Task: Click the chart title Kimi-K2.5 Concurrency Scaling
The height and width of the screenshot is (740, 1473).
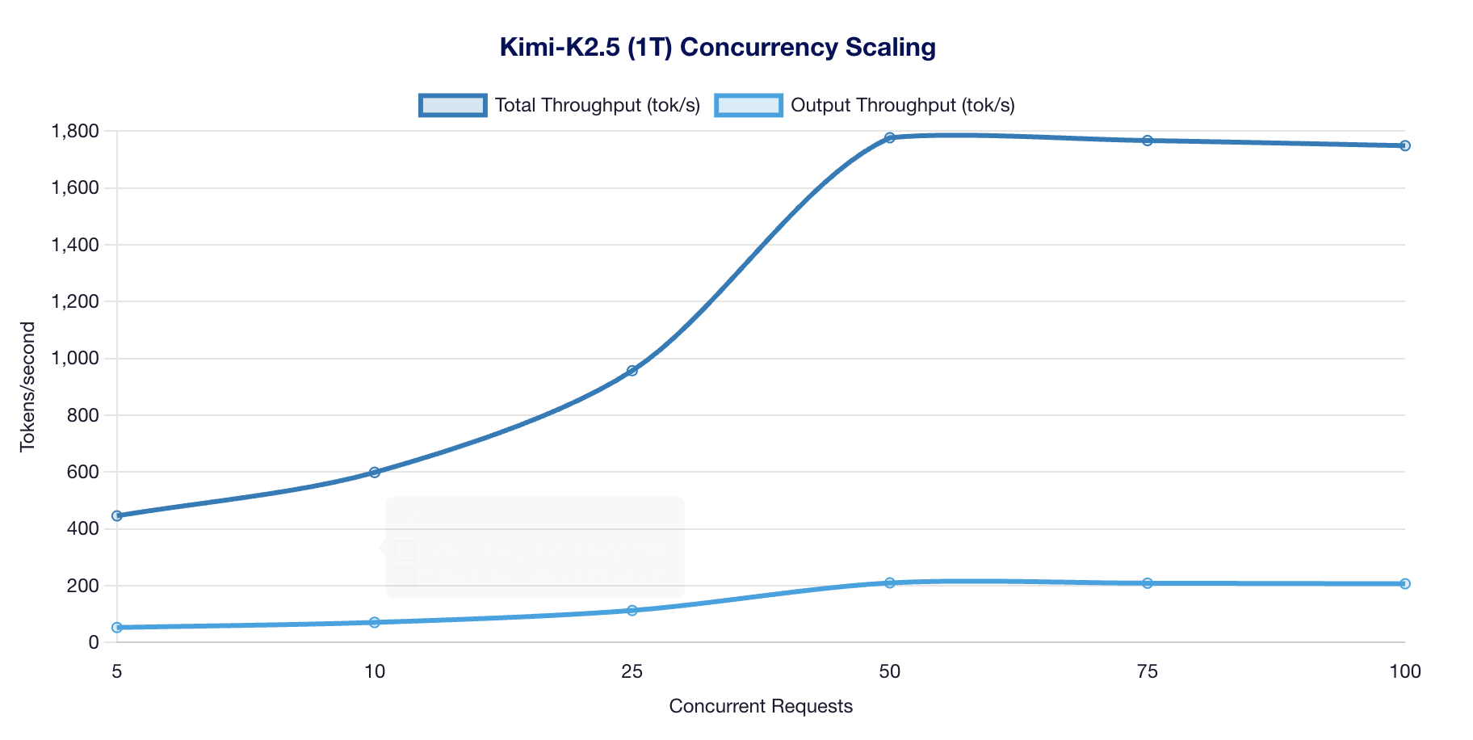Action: tap(717, 47)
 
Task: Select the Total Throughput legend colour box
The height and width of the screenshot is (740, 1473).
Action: tap(453, 105)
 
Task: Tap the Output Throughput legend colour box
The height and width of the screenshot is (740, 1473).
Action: tap(749, 105)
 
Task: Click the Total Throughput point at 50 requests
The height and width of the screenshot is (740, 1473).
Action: tap(890, 138)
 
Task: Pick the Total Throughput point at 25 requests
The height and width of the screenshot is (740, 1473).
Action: tap(632, 371)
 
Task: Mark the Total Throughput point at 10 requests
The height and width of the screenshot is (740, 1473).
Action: tap(375, 472)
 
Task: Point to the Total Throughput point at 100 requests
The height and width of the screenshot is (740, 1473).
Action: tap(1405, 145)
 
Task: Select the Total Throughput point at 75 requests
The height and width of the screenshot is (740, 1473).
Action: tap(1148, 141)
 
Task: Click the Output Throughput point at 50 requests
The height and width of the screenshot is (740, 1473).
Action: tap(890, 582)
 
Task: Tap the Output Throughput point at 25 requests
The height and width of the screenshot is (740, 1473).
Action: tap(632, 610)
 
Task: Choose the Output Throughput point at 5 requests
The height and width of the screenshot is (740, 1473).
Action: tap(117, 627)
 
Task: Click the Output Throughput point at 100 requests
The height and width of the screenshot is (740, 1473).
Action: tap(1405, 583)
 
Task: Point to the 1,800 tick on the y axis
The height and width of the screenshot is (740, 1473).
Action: tap(75, 131)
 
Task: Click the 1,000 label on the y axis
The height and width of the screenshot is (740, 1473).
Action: tap(75, 358)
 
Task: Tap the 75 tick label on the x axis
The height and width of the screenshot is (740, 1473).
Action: tap(1148, 671)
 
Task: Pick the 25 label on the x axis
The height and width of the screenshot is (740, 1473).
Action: tap(632, 671)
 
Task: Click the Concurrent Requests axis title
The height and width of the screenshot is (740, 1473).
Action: tap(761, 706)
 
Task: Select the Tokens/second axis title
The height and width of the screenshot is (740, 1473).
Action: tap(28, 386)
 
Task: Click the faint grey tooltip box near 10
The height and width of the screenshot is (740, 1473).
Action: tap(535, 547)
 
